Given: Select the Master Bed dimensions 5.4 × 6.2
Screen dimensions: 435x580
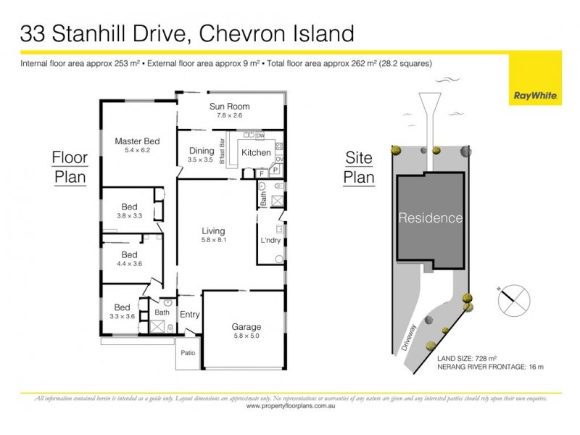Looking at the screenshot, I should (x=137, y=150).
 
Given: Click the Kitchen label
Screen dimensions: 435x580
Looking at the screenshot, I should (x=256, y=153).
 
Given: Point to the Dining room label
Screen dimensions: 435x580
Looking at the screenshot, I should (x=201, y=151).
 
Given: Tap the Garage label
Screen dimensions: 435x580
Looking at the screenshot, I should (x=246, y=326).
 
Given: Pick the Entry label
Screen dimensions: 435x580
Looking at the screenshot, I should (x=189, y=315).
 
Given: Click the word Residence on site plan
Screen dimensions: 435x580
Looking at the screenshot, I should (x=430, y=217).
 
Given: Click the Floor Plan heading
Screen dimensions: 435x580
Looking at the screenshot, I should (x=70, y=167).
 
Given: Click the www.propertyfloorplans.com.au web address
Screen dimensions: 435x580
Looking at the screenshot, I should (x=290, y=406).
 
